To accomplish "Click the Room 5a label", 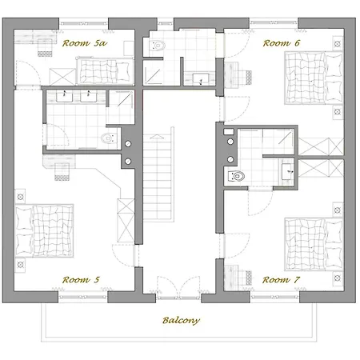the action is point(85,43).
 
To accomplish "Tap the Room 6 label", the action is point(282,43).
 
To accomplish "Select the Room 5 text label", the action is point(81,280).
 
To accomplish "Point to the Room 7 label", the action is point(281,280).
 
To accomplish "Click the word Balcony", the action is point(181,320).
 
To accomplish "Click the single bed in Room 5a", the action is point(105,71).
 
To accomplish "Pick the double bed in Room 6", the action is point(314,78).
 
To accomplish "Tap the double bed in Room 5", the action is point(44,230).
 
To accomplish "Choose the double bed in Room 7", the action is point(314,244).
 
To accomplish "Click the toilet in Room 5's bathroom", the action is point(109,138).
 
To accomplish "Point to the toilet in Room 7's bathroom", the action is point(236,176).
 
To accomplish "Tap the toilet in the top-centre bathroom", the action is point(158,46).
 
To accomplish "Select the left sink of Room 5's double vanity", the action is point(64,96).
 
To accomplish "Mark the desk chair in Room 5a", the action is point(45,47).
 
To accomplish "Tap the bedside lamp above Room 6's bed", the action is point(338,44).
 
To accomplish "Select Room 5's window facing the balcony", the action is point(83,297).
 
